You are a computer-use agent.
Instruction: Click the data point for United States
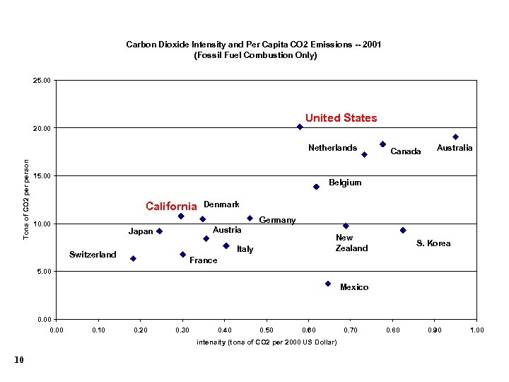click(x=300, y=127)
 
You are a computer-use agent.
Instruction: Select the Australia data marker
click(x=455, y=137)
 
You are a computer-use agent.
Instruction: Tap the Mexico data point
click(x=328, y=284)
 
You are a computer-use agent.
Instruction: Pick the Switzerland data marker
click(x=133, y=259)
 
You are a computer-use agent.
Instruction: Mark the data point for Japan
click(x=160, y=231)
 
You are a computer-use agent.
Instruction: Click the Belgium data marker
click(x=316, y=187)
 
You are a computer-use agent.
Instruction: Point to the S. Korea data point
click(x=403, y=230)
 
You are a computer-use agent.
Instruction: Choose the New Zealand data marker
click(x=346, y=226)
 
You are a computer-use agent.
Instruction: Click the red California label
click(x=171, y=207)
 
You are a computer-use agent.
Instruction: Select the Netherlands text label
click(x=332, y=148)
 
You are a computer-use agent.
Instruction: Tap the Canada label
click(x=406, y=151)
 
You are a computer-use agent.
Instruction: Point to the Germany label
click(x=278, y=220)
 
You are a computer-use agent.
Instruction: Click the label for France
click(x=204, y=260)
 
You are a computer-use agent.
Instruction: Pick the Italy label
click(x=245, y=249)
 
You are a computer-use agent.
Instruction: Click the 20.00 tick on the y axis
click(x=42, y=128)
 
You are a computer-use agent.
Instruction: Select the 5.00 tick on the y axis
click(x=44, y=271)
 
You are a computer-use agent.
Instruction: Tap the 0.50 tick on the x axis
click(x=267, y=330)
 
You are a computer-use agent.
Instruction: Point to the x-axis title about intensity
click(x=266, y=343)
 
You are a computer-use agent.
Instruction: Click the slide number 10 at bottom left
click(x=19, y=361)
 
